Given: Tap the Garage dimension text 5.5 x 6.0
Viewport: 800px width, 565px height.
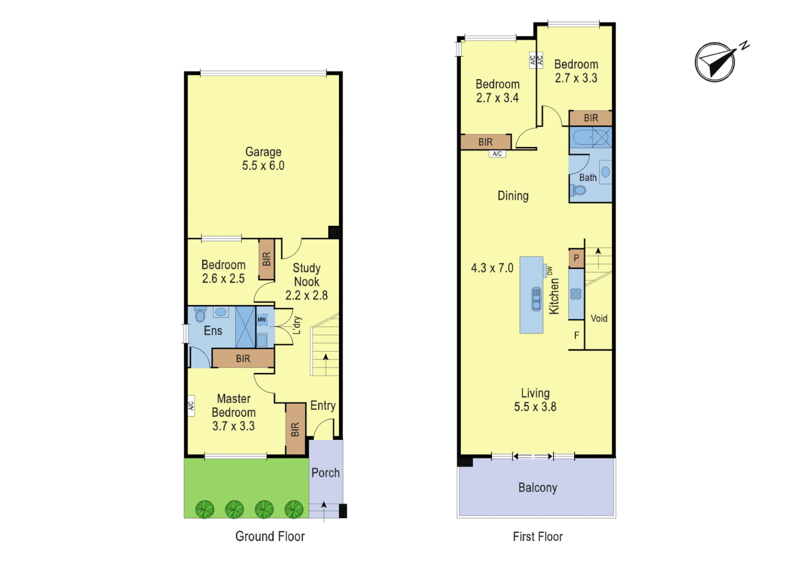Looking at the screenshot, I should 263,166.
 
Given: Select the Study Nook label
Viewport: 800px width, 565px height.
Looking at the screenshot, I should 307,275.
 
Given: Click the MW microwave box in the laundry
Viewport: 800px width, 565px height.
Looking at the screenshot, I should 262,320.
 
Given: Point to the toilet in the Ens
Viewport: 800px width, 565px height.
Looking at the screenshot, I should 200,314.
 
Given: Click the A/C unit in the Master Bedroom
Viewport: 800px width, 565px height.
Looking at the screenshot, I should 191,405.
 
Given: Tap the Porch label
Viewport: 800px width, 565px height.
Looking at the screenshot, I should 325,473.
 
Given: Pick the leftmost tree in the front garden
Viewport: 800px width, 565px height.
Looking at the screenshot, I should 205,509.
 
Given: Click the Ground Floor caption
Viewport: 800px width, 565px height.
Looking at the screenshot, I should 269,536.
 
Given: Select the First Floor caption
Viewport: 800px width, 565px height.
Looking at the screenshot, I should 537,537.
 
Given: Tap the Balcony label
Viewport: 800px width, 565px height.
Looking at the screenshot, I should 537,488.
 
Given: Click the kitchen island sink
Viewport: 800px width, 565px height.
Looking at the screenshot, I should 536,299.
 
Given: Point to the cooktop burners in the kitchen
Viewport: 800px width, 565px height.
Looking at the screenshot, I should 576,293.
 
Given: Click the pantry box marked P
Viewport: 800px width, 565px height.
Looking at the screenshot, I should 576,258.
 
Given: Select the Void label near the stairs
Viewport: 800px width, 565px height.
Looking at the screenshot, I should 599,319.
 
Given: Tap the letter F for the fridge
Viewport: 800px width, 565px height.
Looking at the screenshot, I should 576,335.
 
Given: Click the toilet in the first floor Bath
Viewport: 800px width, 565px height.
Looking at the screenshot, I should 579,190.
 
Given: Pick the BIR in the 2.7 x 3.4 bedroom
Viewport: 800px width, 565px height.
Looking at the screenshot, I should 485,142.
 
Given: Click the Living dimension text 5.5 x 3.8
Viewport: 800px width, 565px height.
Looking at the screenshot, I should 535,407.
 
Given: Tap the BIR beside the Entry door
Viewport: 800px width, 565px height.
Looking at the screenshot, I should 295,429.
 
